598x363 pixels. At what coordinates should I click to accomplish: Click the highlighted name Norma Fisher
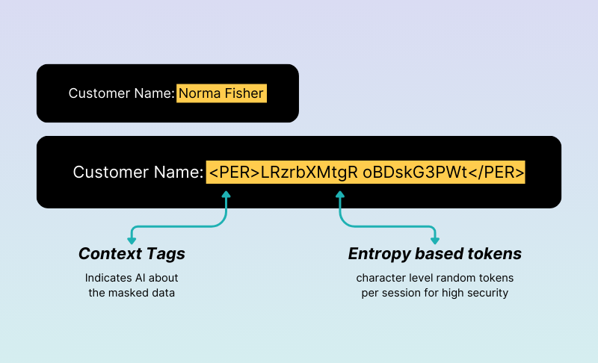221,93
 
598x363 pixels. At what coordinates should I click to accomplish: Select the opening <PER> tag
235,173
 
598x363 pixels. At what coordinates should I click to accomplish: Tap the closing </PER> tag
496,173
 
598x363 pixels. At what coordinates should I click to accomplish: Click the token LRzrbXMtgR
309,173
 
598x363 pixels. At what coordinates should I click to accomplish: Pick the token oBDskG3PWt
415,173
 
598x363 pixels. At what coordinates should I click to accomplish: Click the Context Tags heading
132,254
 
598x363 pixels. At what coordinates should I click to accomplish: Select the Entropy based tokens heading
435,254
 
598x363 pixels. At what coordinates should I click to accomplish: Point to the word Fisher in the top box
244,93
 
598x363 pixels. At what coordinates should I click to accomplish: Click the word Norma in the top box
200,93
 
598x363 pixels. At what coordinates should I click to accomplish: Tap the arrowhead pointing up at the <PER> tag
226,195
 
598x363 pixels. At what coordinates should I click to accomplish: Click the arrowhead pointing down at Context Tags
132,241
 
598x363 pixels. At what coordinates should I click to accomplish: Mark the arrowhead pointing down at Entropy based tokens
435,241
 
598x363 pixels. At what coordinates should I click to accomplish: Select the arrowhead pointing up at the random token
340,195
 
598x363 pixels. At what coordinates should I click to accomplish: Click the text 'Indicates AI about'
132,278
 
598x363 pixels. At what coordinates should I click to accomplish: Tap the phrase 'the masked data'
132,293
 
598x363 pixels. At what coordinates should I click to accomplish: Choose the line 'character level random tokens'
435,278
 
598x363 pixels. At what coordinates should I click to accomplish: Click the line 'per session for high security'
435,294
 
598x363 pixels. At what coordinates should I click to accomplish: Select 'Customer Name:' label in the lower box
138,173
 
